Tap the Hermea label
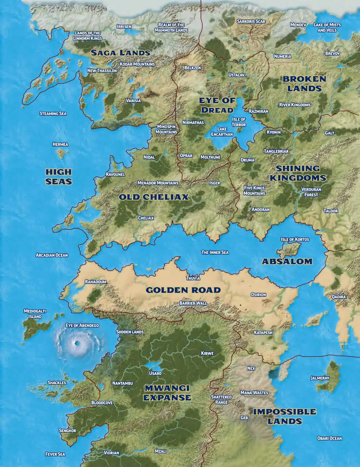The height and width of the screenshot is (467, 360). coord(60,144)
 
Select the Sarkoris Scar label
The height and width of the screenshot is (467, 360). coord(251,21)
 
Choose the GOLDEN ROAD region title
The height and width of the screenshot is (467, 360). coord(183,290)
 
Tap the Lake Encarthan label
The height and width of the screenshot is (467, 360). coord(222,132)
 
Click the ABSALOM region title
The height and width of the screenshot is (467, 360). coord(287,262)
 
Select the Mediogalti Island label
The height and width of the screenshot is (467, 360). coord(35,314)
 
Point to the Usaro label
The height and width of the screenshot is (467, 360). coord(155,373)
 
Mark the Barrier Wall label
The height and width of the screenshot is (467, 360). coord(193,303)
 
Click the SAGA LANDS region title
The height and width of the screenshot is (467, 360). coord(120,53)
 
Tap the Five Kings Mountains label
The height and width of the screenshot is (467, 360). coord(254,191)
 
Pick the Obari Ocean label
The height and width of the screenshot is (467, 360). coord(329,438)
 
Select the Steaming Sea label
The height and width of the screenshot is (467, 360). coord(53,113)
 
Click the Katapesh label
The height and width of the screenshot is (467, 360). coord(263,332)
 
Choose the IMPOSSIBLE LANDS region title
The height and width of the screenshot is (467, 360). coord(284,416)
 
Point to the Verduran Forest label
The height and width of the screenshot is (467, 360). coord(311,192)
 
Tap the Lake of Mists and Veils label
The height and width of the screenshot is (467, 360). coord(327,27)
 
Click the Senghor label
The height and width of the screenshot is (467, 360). coord(67,431)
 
